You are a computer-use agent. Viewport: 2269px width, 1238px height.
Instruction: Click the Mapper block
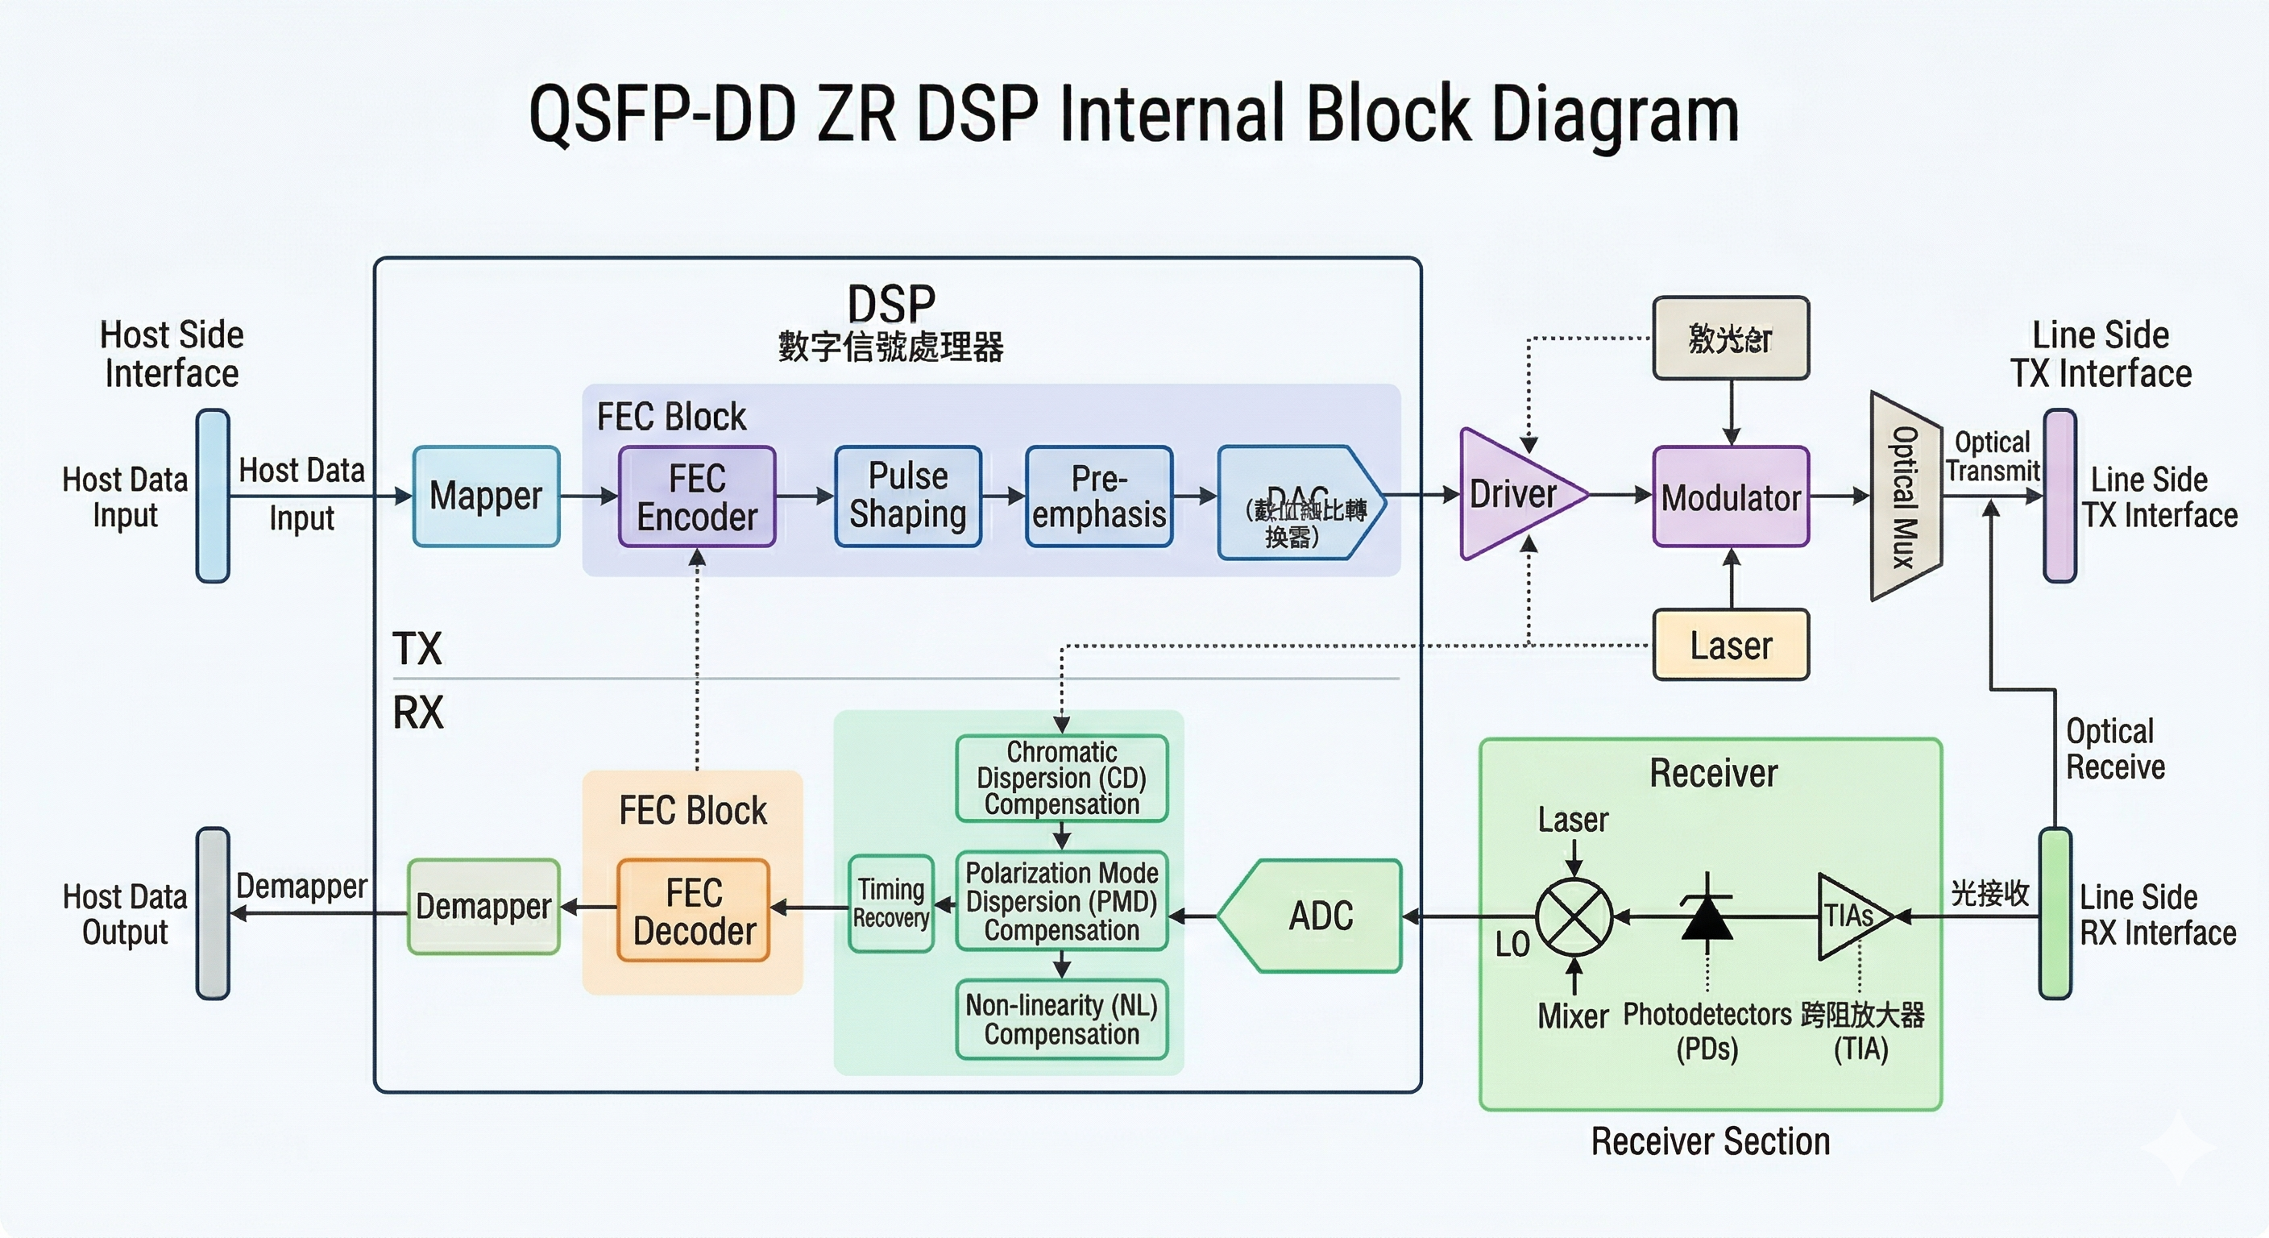[x=486, y=496]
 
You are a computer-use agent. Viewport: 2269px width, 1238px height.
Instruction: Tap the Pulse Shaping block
[x=908, y=496]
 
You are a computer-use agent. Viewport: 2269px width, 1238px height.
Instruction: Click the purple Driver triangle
[x=1513, y=494]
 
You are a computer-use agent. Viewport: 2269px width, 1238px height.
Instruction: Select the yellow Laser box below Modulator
[x=1731, y=645]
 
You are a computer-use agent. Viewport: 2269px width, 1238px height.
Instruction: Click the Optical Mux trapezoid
[x=1906, y=496]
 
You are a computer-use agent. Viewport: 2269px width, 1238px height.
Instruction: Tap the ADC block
[x=1320, y=916]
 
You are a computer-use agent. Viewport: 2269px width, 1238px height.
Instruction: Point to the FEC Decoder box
[x=694, y=911]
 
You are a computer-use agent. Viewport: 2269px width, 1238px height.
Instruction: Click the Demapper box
[x=483, y=907]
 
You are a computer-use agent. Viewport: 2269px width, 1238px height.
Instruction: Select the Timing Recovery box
[x=890, y=904]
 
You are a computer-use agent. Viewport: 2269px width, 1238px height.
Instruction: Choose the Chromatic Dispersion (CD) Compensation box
[x=1061, y=778]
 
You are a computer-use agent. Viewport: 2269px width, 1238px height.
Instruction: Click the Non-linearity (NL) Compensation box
[x=1061, y=1020]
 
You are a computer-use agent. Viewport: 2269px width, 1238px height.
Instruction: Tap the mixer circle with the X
[x=1574, y=917]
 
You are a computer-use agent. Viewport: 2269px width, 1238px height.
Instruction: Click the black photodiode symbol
[x=1707, y=917]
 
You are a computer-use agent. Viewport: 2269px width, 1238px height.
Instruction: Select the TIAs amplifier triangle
[x=1850, y=916]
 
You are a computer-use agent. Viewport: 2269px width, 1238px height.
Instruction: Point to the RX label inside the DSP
[x=417, y=712]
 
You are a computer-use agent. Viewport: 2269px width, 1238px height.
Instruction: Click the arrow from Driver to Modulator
[x=1620, y=495]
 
